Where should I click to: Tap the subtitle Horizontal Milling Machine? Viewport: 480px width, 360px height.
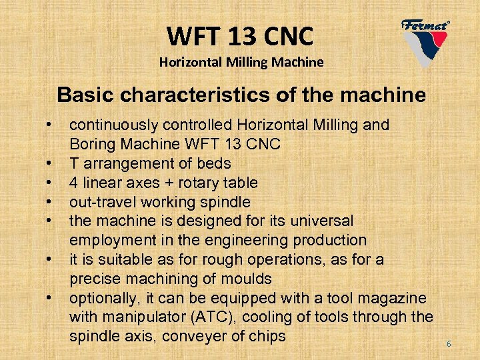(x=241, y=62)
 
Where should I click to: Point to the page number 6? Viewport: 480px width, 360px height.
(x=449, y=344)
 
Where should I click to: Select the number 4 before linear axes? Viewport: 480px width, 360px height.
(x=74, y=183)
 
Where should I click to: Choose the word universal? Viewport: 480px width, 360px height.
(x=327, y=221)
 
